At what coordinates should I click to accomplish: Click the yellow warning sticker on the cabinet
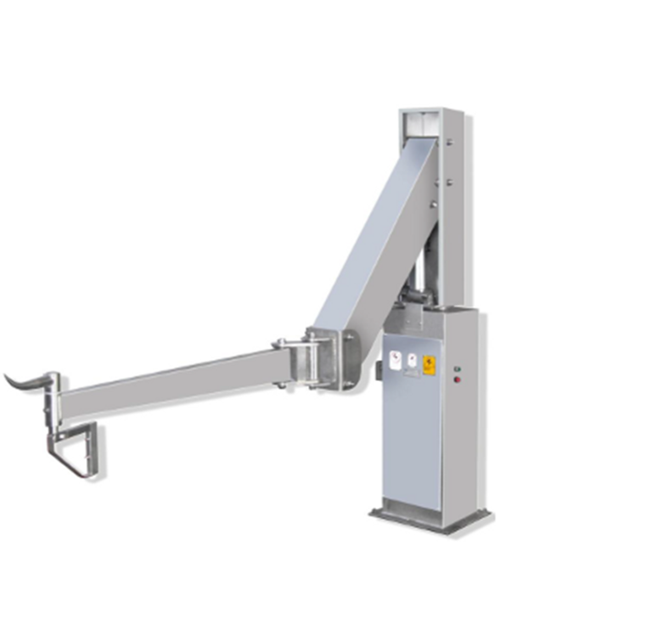430,364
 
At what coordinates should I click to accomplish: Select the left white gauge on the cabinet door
396,360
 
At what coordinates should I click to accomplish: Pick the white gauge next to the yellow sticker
412,362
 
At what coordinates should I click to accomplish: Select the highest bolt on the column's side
448,160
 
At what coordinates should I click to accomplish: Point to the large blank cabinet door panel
412,441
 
